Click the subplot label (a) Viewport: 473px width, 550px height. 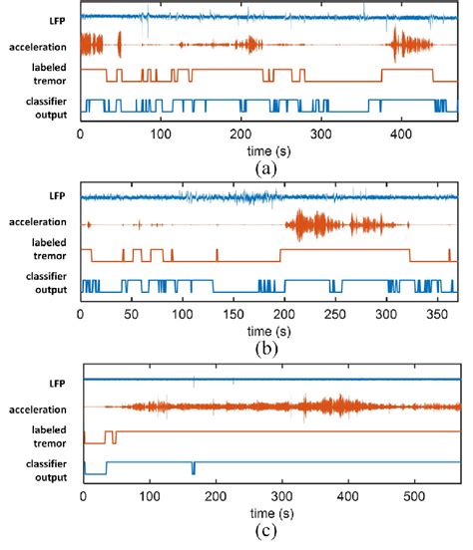pyautogui.click(x=265, y=168)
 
